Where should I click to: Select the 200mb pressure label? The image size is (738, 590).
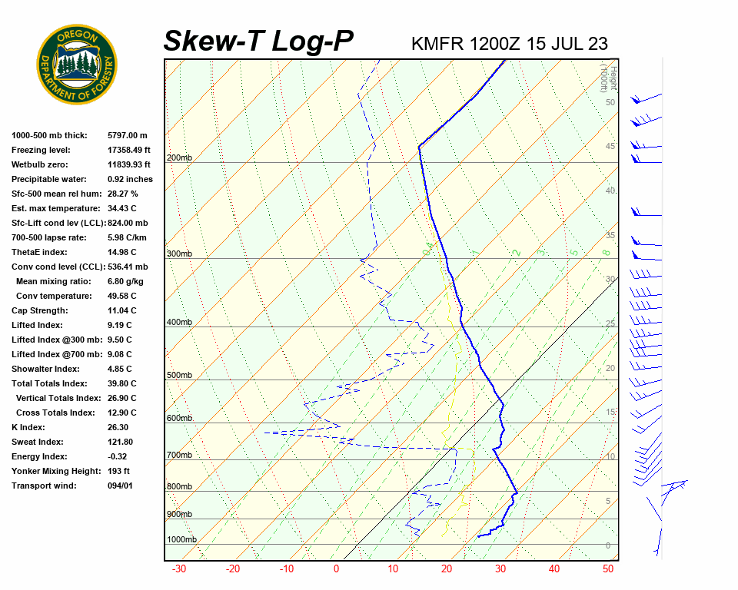point(179,158)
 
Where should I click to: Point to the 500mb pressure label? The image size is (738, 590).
point(179,376)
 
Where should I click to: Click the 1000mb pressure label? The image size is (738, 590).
point(181,540)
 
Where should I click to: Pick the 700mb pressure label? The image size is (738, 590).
point(179,456)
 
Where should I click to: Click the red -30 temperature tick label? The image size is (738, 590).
point(179,569)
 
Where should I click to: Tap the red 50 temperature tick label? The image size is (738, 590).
point(608,569)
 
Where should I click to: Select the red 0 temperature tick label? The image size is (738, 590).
point(337,569)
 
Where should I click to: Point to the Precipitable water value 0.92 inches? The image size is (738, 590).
point(130,180)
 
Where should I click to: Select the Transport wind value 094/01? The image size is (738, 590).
point(120,486)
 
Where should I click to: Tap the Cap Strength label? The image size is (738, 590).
point(39,311)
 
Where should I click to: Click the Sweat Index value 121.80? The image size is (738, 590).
point(120,442)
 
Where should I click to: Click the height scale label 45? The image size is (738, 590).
point(610,147)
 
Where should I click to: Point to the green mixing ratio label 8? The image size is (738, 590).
point(606,252)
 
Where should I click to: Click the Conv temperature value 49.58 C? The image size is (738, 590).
point(122,297)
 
